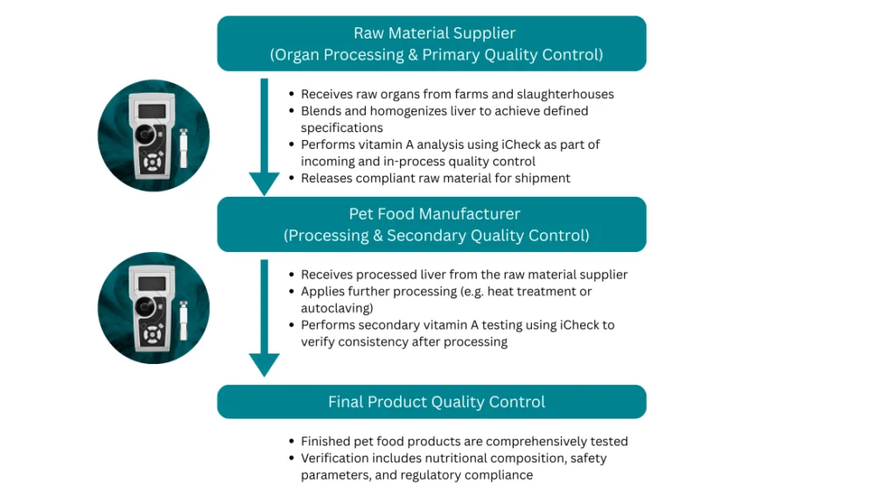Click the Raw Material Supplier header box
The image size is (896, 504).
click(431, 44)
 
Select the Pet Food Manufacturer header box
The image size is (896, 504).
click(431, 224)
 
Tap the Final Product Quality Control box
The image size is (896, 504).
click(431, 402)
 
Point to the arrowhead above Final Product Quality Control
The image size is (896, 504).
click(264, 363)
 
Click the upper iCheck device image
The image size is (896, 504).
click(153, 135)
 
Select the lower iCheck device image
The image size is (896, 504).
click(153, 308)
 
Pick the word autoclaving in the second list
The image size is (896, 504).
click(337, 308)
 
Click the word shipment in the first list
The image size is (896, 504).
click(542, 178)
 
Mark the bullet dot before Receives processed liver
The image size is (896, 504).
click(291, 275)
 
